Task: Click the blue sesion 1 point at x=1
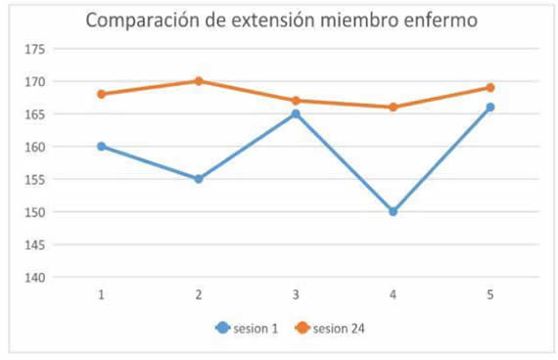[101, 147]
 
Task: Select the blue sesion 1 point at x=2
[199, 179]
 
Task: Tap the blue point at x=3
[296, 114]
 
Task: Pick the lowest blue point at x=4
[394, 211]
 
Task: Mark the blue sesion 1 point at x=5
[490, 108]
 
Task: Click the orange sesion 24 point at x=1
[101, 94]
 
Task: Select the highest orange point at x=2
[199, 81]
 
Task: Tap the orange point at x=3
[296, 101]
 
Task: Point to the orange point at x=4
[394, 108]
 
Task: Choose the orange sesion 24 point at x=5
[490, 88]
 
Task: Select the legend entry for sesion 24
[329, 329]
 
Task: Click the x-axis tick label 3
[296, 294]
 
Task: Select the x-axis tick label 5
[490, 294]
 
